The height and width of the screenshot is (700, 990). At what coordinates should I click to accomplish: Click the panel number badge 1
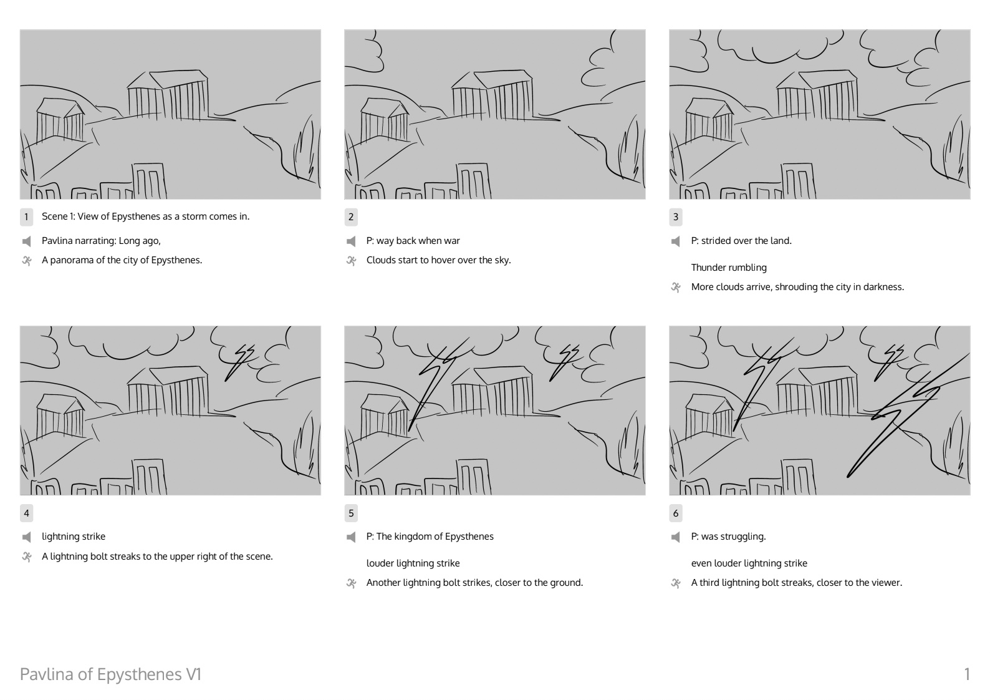click(26, 216)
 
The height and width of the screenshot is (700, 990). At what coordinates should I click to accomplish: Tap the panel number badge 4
click(26, 513)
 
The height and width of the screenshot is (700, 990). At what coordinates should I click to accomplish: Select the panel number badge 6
click(675, 513)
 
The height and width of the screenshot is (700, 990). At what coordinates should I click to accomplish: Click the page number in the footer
click(967, 674)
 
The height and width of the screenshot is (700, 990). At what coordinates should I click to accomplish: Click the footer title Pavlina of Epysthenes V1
click(110, 674)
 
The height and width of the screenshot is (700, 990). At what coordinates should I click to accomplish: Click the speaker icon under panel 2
click(351, 241)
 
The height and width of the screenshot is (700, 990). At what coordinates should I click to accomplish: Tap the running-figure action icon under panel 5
click(352, 583)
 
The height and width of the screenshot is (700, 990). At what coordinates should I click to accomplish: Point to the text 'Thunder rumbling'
click(729, 268)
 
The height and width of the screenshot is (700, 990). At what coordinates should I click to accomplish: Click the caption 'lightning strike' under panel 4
click(74, 537)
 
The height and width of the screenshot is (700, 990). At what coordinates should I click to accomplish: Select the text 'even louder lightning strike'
click(749, 563)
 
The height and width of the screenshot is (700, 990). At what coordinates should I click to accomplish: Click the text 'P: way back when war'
click(413, 241)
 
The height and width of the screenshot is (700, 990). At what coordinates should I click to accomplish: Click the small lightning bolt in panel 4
click(239, 362)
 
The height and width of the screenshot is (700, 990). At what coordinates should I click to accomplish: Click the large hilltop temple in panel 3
click(817, 95)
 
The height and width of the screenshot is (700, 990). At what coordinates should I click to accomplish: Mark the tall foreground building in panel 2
click(474, 181)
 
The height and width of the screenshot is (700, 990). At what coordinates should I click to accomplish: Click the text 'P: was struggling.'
click(728, 537)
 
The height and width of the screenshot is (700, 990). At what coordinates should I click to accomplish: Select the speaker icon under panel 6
click(675, 537)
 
